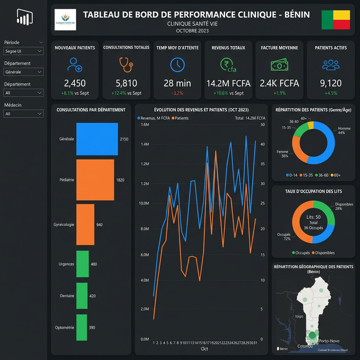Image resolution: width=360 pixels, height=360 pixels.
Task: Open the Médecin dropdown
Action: point(23,114)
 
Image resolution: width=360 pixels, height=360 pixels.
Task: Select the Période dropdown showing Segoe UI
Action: point(23,52)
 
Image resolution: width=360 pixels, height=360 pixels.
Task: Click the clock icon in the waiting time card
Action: point(177,65)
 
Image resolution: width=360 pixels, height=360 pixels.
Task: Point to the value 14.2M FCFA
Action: point(228,83)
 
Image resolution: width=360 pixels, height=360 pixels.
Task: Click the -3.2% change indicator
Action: point(177,93)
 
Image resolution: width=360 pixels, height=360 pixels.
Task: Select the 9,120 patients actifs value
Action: point(330,83)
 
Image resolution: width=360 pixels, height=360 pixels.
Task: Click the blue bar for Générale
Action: point(97,139)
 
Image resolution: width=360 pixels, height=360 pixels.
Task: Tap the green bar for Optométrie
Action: point(82,327)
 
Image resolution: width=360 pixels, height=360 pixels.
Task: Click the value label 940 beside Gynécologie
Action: point(100,224)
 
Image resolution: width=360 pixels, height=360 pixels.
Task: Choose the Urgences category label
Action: point(66,264)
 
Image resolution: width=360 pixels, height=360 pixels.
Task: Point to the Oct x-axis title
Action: point(205,349)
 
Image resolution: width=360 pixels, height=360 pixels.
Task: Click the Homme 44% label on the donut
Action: point(344,130)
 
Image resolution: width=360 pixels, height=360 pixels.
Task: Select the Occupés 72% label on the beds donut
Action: point(283,236)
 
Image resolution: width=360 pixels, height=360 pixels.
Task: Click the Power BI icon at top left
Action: point(23,19)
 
